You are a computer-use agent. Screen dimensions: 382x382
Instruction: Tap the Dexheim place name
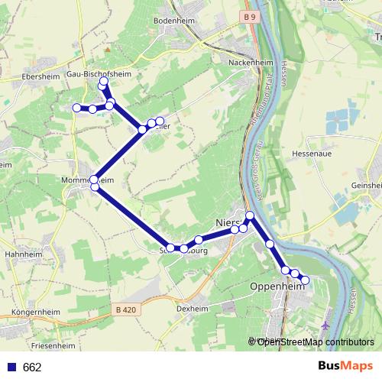point(192,309)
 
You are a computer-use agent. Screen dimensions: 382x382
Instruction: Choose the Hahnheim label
point(22,254)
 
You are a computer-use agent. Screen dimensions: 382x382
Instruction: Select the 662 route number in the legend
point(32,367)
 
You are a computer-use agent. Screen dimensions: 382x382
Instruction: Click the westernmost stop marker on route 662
point(76,108)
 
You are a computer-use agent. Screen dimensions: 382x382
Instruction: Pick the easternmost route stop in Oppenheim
point(305,280)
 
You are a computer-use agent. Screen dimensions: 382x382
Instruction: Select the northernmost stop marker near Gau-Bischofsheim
point(103,81)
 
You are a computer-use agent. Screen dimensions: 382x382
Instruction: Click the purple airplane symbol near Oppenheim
point(328,324)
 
